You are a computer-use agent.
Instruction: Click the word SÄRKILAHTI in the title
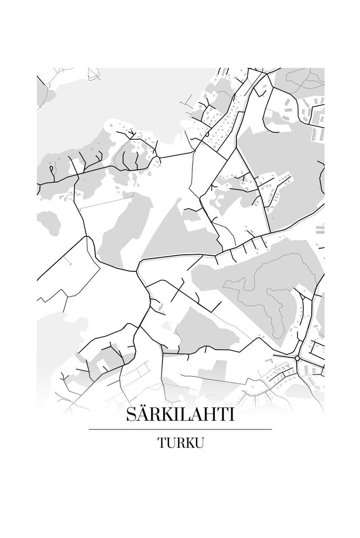tap(180, 414)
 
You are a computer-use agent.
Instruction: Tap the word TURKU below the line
tap(180, 442)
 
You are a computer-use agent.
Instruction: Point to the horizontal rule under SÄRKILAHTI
tap(180, 429)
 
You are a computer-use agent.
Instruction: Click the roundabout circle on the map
tap(298, 359)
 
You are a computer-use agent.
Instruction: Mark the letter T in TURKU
tap(162, 442)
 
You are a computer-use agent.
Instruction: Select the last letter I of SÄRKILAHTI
tap(231, 415)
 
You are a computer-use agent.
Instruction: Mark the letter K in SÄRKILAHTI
tap(165, 415)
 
